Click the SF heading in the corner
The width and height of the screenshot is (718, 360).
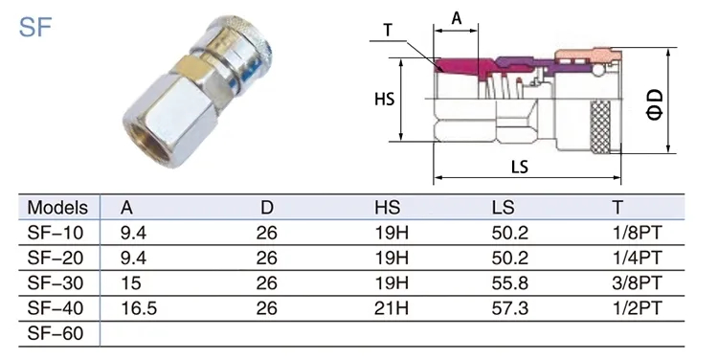[x=35, y=27]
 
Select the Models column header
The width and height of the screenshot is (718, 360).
[x=57, y=208]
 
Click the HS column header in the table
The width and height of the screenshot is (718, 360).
[x=387, y=208]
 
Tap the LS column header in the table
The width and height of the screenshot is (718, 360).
[x=503, y=208]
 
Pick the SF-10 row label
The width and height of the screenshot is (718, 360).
[x=56, y=233]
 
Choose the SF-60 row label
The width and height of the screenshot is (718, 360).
[x=56, y=333]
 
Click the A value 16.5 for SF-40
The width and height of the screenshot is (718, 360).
[x=139, y=308]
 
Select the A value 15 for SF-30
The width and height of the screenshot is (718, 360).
[x=131, y=283]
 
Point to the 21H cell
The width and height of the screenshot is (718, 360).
[x=391, y=308]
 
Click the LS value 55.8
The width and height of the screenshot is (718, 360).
[x=509, y=283]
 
